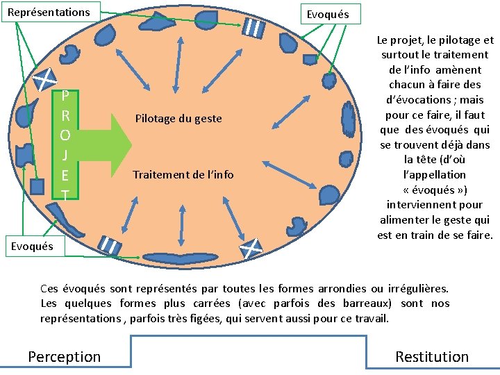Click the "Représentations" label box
pyautogui.click(x=50, y=12)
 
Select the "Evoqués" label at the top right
pyautogui.click(x=329, y=13)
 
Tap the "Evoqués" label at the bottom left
pyautogui.click(x=31, y=246)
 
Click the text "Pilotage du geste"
pyautogui.click(x=178, y=119)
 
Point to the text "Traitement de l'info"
pyautogui.click(x=183, y=175)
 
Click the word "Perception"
pyautogui.click(x=64, y=357)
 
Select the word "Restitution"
pyautogui.click(x=432, y=357)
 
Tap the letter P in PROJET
pyautogui.click(x=65, y=95)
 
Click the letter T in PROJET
pyautogui.click(x=65, y=196)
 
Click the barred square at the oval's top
pyautogui.click(x=253, y=28)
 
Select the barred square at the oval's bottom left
pyautogui.click(x=110, y=244)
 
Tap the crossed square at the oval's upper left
pyautogui.click(x=46, y=77)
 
